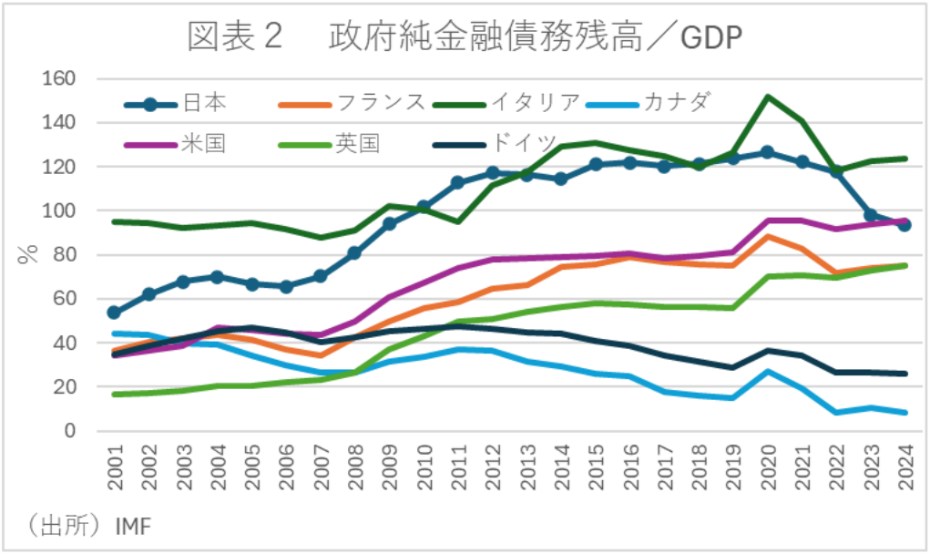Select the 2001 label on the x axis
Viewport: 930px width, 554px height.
[114, 467]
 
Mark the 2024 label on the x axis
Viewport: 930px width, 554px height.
[905, 467]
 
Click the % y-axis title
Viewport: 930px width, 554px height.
[27, 253]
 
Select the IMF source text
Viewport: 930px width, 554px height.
[134, 526]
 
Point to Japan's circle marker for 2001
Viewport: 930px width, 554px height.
[114, 313]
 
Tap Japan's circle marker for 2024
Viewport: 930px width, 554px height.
[905, 225]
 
